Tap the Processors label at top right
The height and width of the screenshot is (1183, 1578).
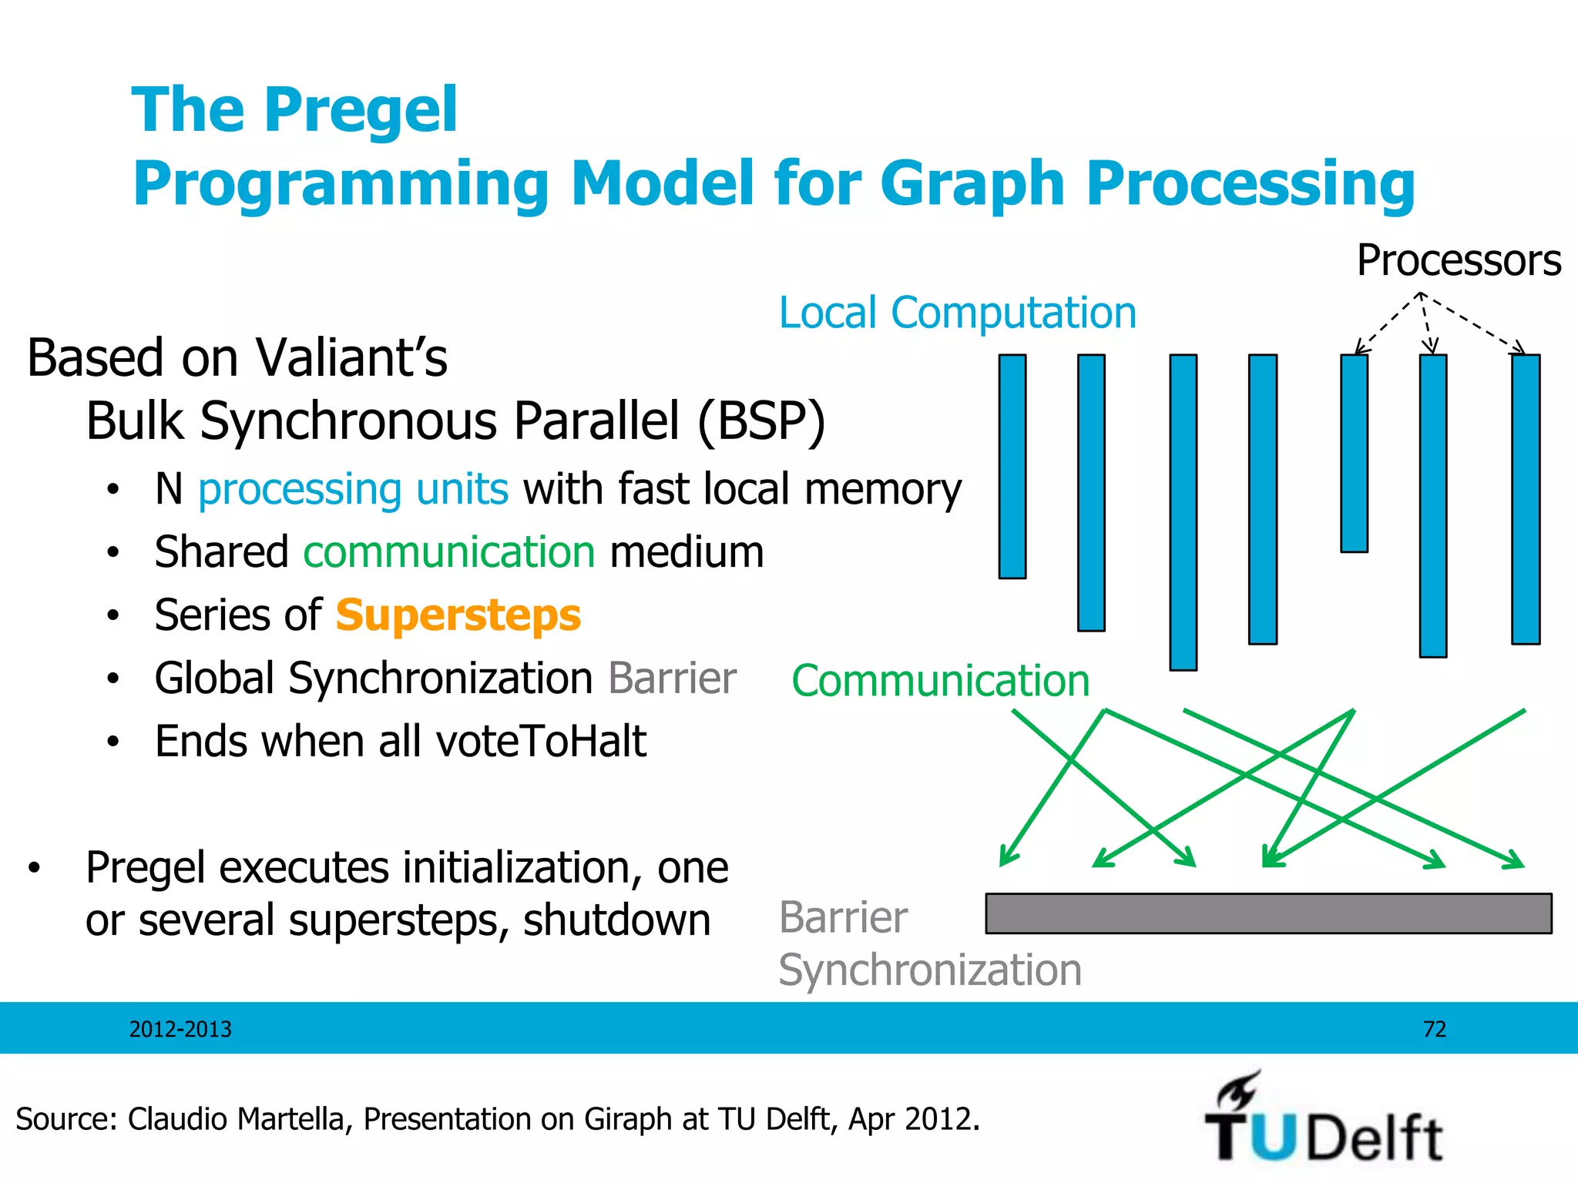tap(1458, 260)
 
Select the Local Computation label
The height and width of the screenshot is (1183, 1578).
tap(957, 313)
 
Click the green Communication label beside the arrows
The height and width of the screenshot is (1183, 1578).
tap(940, 681)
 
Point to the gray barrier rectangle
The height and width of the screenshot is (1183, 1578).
tap(1268, 913)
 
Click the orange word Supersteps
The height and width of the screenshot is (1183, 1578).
tap(458, 615)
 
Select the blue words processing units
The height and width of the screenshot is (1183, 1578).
tap(353, 489)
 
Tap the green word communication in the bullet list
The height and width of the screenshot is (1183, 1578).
tap(449, 552)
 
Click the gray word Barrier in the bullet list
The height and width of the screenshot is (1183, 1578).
tap(672, 679)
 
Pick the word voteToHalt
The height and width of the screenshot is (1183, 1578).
tap(541, 742)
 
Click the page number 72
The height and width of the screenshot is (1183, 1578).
tap(1434, 1029)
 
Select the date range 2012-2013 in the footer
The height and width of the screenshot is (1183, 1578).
tap(180, 1029)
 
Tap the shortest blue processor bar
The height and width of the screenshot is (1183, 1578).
tap(1354, 453)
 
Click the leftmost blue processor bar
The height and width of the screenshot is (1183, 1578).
tap(1012, 466)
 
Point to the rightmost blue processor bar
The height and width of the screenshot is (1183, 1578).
tap(1525, 499)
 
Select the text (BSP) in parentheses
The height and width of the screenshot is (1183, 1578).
tap(760, 421)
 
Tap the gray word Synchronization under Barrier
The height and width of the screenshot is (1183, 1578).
tap(930, 970)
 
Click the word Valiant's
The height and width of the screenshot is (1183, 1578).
tap(351, 358)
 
